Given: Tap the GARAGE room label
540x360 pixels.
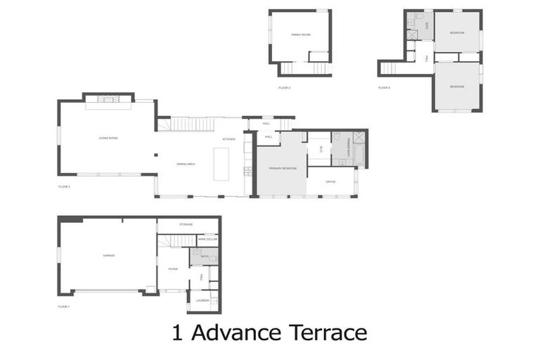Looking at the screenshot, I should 109,255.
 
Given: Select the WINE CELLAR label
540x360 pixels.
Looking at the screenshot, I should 207,240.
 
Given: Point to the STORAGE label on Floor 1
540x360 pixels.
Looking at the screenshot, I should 186,224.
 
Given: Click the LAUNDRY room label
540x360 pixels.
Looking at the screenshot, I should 202,301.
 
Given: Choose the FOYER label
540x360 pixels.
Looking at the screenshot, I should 173,269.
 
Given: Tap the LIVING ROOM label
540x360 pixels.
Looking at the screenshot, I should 108,138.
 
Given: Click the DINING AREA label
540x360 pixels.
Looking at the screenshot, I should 186,163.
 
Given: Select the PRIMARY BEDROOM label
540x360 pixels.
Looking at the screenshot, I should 282,169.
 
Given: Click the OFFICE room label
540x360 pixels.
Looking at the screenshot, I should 330,181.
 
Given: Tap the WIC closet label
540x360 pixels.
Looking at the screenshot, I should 321,148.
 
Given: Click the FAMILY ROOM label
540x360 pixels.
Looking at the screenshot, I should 301,34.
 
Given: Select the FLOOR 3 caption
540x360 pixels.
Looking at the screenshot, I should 284,87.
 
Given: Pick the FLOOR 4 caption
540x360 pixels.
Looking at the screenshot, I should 384,87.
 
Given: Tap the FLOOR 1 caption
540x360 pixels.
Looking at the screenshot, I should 64,307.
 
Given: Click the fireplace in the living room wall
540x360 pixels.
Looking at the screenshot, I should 109,99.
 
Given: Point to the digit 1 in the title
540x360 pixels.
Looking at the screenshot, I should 177,332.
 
